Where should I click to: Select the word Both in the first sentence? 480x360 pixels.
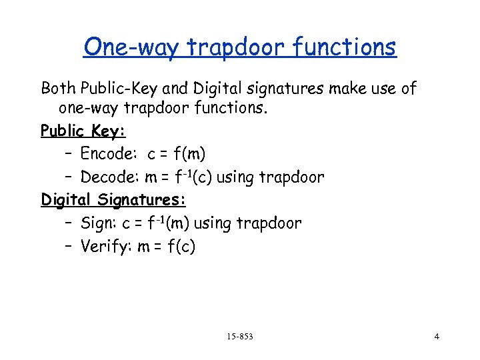(58, 87)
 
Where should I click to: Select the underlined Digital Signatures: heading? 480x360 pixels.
(113, 199)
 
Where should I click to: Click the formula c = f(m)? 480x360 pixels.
(176, 154)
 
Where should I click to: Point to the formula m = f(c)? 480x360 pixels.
(167, 246)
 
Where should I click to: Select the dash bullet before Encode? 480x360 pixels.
(69, 154)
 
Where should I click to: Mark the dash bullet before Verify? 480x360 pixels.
(69, 246)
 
